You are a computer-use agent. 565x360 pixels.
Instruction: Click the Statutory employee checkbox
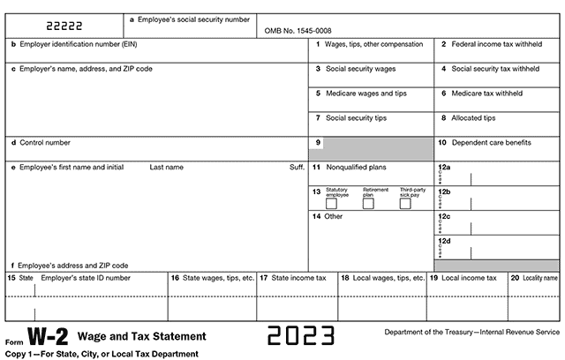pos(331,204)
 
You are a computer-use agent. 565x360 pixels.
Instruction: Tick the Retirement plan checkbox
pos(368,204)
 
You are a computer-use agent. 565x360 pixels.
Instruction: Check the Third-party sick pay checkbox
pos(405,204)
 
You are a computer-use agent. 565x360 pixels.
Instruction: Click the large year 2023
pos(301,336)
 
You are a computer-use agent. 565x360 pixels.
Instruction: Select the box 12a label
pos(444,167)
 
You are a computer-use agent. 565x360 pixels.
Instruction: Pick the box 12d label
pos(444,240)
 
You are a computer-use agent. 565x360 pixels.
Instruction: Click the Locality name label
pos(539,278)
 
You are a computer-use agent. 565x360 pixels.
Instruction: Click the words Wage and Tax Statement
pos(142,336)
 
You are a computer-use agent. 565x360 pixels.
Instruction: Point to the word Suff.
pos(297,167)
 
